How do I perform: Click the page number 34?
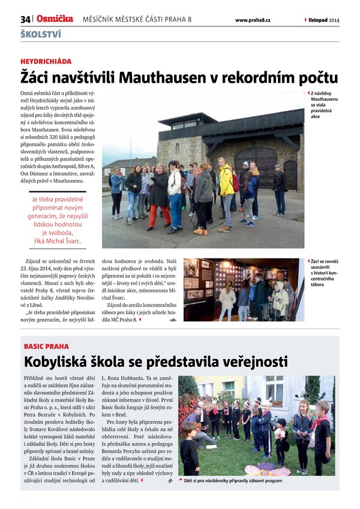click(25, 20)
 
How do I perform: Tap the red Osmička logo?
click(54, 19)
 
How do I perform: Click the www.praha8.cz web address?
click(252, 20)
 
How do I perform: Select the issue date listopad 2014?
click(324, 20)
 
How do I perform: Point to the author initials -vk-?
click(173, 320)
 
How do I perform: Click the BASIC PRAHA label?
click(46, 347)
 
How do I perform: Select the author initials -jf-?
click(172, 481)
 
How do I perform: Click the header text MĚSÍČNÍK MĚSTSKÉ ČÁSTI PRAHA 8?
click(137, 20)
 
